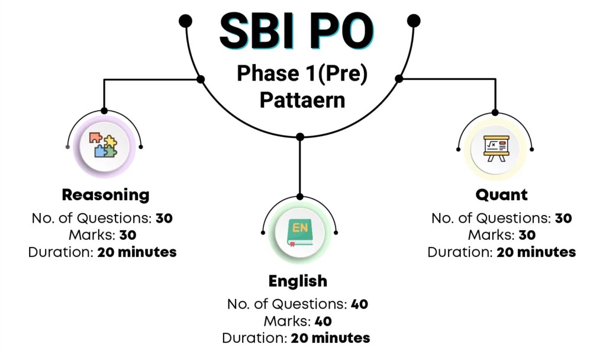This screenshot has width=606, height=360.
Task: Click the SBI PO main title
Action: [x=296, y=31]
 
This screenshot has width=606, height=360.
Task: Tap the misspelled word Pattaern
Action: [x=302, y=100]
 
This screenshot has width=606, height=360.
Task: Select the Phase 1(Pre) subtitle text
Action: [x=302, y=73]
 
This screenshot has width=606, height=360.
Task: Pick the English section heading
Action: [x=298, y=281]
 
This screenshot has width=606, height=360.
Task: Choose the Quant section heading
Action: [x=501, y=195]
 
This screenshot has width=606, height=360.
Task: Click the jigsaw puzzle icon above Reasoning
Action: [x=103, y=145]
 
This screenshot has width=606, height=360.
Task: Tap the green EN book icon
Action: [x=299, y=233]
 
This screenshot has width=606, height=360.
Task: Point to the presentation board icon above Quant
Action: [x=497, y=149]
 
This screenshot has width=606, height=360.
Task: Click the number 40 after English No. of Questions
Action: [x=359, y=304]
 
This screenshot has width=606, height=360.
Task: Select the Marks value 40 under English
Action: [x=323, y=322]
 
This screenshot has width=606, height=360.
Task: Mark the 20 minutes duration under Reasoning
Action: [x=137, y=252]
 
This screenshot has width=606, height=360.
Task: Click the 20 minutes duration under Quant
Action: [x=536, y=252]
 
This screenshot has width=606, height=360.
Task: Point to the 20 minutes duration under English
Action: [x=330, y=338]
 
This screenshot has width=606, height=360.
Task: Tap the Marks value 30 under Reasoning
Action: [x=128, y=235]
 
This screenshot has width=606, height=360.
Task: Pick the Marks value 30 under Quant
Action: [x=527, y=235]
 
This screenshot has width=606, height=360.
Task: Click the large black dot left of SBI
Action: [x=185, y=21]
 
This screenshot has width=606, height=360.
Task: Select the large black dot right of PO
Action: [x=414, y=21]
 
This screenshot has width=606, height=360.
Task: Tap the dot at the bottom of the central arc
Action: [x=300, y=137]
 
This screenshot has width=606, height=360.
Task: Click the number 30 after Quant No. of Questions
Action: [x=563, y=218]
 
